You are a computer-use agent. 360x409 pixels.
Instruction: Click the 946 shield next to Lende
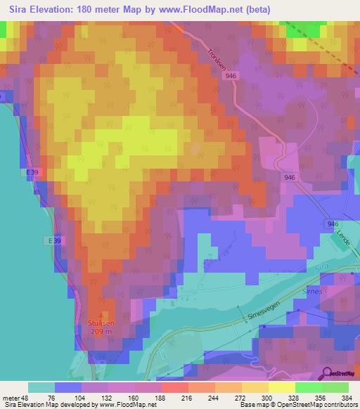pos(333,223)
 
